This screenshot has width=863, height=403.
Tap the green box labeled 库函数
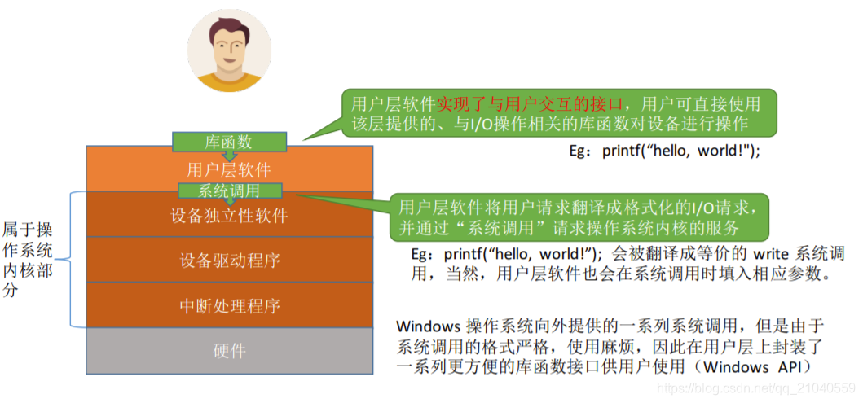pos(229,142)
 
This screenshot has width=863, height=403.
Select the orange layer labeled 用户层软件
pos(229,169)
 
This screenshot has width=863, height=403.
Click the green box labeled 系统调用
pos(229,191)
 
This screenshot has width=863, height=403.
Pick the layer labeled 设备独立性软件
pos(229,216)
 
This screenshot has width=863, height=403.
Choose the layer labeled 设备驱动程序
pos(229,261)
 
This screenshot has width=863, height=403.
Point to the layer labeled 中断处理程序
pos(229,306)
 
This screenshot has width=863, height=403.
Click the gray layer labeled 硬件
pos(229,351)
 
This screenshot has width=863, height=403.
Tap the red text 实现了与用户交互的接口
pos(531,104)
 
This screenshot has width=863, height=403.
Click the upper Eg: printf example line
pos(664,151)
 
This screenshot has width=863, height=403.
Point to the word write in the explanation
pos(764,252)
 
